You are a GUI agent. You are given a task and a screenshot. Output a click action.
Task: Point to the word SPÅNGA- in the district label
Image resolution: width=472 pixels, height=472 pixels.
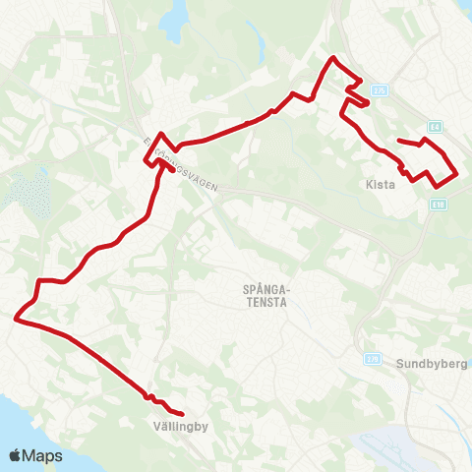[x=264, y=289]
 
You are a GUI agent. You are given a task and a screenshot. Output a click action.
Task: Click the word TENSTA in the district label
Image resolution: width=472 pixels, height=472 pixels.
[x=264, y=303]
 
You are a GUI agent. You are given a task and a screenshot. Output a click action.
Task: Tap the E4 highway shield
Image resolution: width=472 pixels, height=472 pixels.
[x=435, y=127]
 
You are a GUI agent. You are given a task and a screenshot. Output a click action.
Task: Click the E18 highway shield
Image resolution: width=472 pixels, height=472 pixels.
[x=438, y=205]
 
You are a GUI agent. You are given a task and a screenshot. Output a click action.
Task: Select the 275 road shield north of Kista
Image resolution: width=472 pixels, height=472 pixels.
[x=380, y=89]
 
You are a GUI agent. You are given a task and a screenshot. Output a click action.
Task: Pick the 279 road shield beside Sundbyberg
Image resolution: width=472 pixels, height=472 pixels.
[x=371, y=359]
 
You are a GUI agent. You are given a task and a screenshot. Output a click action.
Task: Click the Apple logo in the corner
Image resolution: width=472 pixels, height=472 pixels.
[x=16, y=455]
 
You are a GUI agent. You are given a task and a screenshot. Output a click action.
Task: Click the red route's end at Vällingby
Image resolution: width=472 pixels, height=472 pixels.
[x=184, y=414]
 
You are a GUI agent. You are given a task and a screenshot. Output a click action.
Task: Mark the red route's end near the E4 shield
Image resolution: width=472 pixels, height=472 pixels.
[x=398, y=141]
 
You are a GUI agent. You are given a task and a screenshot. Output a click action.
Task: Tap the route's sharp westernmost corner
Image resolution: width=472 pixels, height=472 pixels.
[x=15, y=318]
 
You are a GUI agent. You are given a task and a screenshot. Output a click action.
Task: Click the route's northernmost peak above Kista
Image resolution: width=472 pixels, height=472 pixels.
[x=331, y=58]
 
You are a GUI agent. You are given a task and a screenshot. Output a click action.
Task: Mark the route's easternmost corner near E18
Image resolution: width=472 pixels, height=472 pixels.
[x=458, y=174]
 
